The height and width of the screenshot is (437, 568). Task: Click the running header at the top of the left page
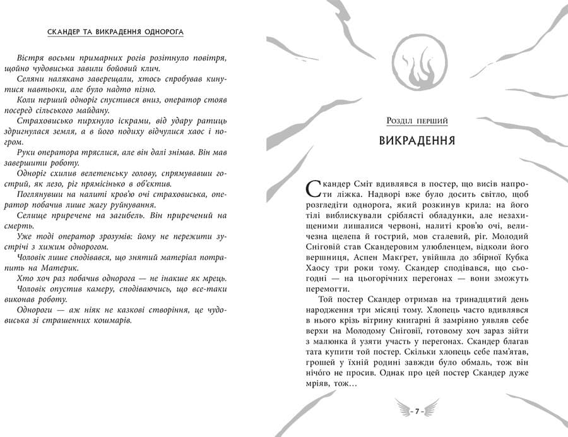coord(120,32)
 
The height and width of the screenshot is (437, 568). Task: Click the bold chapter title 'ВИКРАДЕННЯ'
coord(418,140)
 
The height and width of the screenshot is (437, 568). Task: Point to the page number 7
coord(418,411)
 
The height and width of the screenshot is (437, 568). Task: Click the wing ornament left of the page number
coord(402,411)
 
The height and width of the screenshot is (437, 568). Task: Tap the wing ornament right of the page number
coord(434,411)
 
